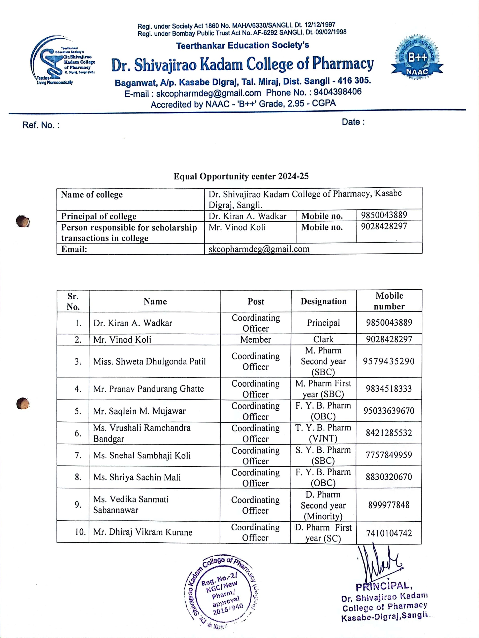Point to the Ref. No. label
[41, 125]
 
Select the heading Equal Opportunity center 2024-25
[241, 176]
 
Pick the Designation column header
[323, 301]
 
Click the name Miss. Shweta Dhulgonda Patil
[149, 361]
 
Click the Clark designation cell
[323, 339]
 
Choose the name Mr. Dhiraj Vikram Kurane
[143, 532]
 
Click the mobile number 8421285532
[389, 433]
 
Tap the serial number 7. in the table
[78, 455]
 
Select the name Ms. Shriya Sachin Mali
[137, 477]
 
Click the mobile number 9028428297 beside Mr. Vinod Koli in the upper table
[384, 226]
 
